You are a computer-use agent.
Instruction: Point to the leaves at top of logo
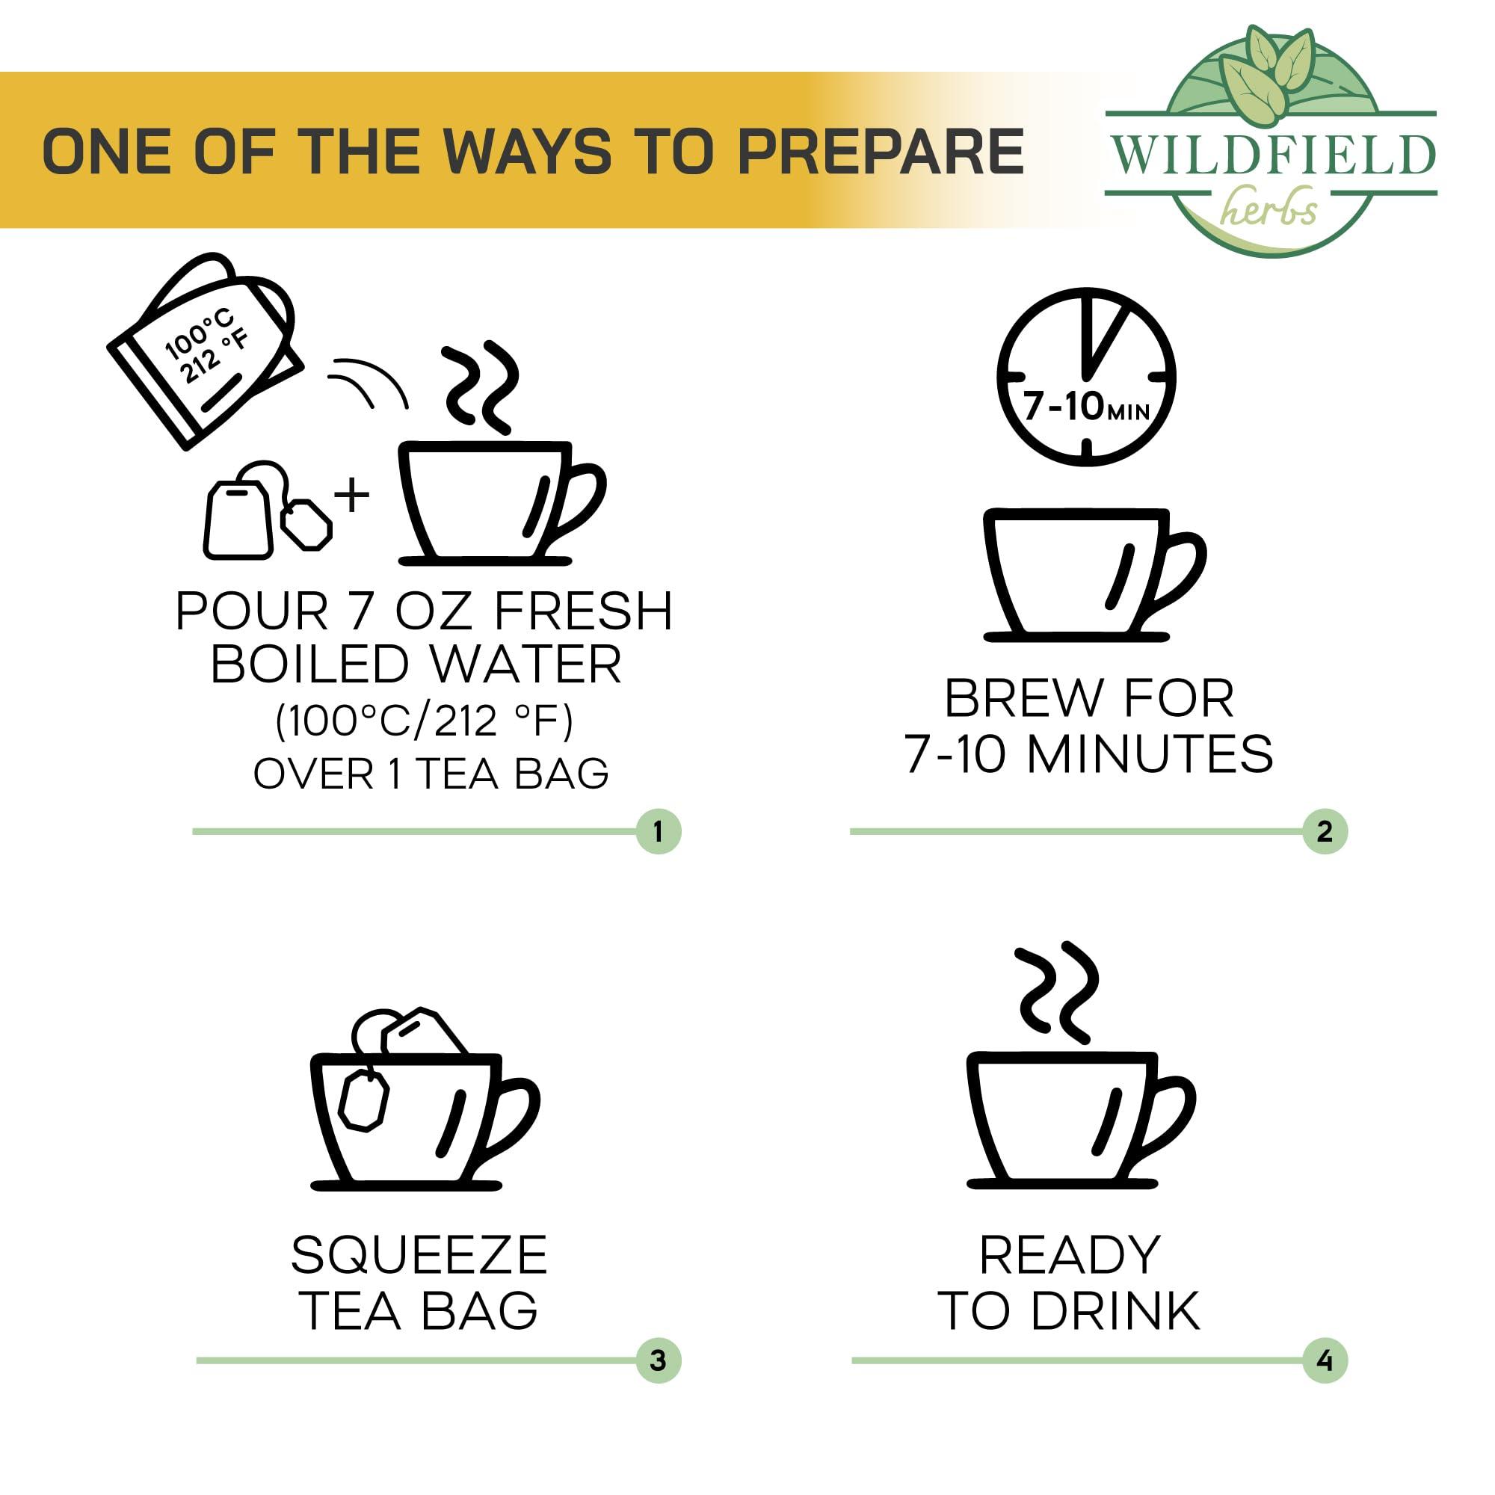coord(1269,73)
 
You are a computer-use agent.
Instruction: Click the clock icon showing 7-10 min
coord(1086,376)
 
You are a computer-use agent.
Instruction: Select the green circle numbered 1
coord(658,832)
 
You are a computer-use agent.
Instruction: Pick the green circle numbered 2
coord(1324,832)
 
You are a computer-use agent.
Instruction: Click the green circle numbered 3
coord(658,1360)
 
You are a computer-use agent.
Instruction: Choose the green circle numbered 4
coord(1324,1360)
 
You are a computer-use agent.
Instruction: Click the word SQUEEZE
coord(419,1254)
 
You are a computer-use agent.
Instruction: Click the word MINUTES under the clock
coord(1150,753)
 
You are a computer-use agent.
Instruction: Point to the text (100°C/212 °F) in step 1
coord(425,721)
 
